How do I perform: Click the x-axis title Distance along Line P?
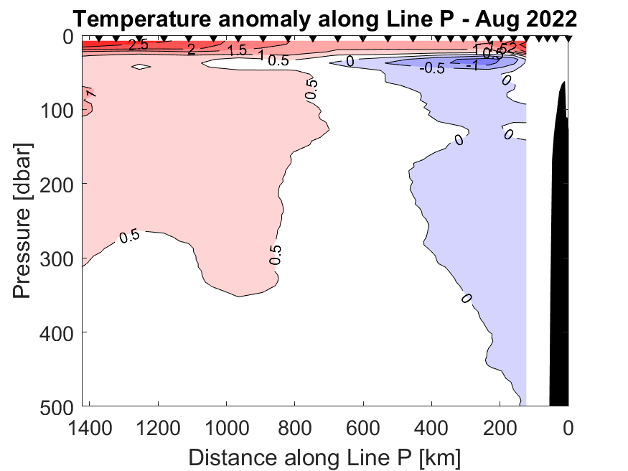click(x=324, y=457)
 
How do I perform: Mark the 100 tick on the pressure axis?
click(x=60, y=110)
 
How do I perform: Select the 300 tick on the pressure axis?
click(x=60, y=258)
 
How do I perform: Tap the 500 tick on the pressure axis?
click(x=60, y=406)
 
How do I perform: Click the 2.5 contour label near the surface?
click(x=138, y=45)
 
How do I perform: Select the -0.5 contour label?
click(x=432, y=69)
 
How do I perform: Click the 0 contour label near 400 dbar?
click(x=466, y=298)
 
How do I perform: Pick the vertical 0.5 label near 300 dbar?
click(x=276, y=254)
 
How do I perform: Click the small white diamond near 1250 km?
click(x=141, y=67)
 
